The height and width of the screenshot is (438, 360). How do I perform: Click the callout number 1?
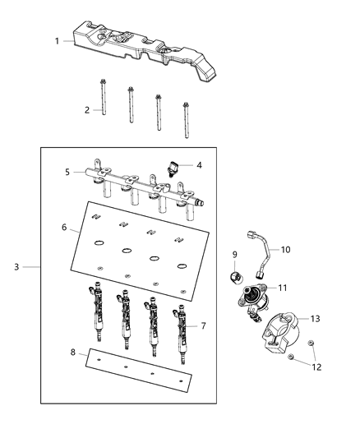pyautogui.click(x=57, y=40)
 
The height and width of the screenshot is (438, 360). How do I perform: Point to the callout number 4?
pyautogui.click(x=199, y=164)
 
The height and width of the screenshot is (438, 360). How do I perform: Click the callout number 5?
pyautogui.click(x=67, y=173)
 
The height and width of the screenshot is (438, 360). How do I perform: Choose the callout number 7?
pyautogui.click(x=203, y=326)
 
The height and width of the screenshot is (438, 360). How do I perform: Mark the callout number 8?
pyautogui.click(x=73, y=353)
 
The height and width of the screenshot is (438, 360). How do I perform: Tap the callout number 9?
pyautogui.click(x=234, y=254)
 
